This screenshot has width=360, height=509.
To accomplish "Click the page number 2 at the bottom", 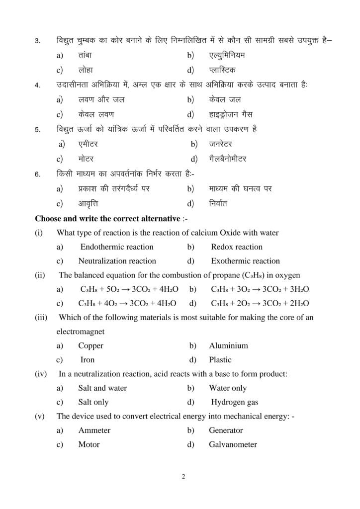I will click(x=183, y=478).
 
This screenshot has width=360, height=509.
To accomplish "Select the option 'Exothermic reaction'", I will click(x=245, y=261).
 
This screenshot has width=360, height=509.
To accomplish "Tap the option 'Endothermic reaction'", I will click(x=117, y=247).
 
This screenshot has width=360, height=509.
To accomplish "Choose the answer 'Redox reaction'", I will click(x=237, y=247).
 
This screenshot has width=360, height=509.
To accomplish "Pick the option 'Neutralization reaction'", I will click(x=117, y=261).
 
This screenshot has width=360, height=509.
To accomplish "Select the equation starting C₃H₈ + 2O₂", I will click(x=260, y=304).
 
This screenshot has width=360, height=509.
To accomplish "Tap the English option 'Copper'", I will click(x=90, y=345).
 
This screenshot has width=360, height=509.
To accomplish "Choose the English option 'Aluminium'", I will click(x=228, y=345).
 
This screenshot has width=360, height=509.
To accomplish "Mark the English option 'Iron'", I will click(x=88, y=360).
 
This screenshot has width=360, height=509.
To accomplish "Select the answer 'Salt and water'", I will click(x=102, y=388).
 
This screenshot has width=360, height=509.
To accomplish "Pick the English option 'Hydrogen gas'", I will click(x=235, y=403).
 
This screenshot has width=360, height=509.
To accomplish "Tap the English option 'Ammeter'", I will click(x=94, y=430).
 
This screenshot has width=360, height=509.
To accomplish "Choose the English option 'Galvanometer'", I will click(x=233, y=445).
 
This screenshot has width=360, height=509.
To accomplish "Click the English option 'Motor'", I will click(x=89, y=445).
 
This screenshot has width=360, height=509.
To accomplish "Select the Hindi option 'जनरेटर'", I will click(x=222, y=145).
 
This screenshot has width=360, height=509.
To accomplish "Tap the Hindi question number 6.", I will click(x=37, y=175).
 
